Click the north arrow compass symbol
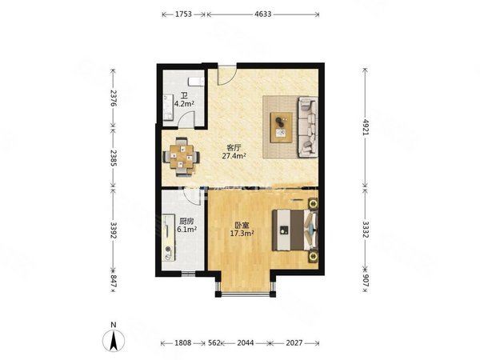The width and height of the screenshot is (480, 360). [x=114, y=339]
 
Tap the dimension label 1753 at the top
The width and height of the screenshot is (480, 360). [x=183, y=14]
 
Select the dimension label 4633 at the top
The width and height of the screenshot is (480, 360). [x=261, y=14]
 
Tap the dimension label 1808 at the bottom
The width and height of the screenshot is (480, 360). [x=182, y=345]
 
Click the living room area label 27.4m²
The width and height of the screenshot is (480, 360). [x=234, y=157]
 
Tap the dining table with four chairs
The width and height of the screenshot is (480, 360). [x=183, y=156]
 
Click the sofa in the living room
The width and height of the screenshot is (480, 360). [x=306, y=126]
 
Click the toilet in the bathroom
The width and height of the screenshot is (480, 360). [x=194, y=82]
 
